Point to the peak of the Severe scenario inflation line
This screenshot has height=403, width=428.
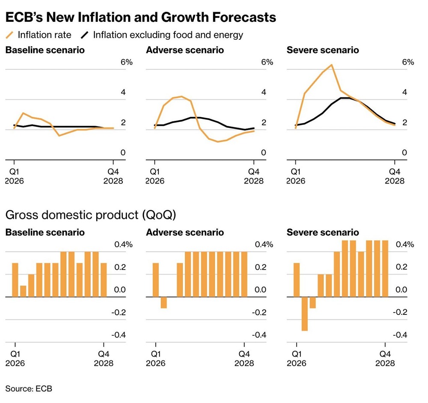(x=331, y=65)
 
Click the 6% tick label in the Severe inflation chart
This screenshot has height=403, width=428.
(x=408, y=62)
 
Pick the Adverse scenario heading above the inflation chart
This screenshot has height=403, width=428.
(x=185, y=50)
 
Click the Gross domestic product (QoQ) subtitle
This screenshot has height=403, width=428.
(x=90, y=215)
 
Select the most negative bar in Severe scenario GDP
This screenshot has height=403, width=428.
(x=305, y=313)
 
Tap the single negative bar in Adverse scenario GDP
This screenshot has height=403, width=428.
(x=164, y=302)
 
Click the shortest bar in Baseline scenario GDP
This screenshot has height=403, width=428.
(x=23, y=291)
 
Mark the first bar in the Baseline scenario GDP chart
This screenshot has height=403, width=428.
(x=15, y=280)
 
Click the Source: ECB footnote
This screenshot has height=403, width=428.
(x=29, y=388)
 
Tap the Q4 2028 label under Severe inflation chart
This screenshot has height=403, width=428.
(x=395, y=176)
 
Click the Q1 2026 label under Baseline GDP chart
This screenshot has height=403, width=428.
(x=15, y=359)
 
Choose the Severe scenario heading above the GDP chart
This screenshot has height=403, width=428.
(x=323, y=233)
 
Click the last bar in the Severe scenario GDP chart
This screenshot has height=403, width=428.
(x=385, y=268)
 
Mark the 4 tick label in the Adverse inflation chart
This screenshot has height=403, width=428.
(x=264, y=92)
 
